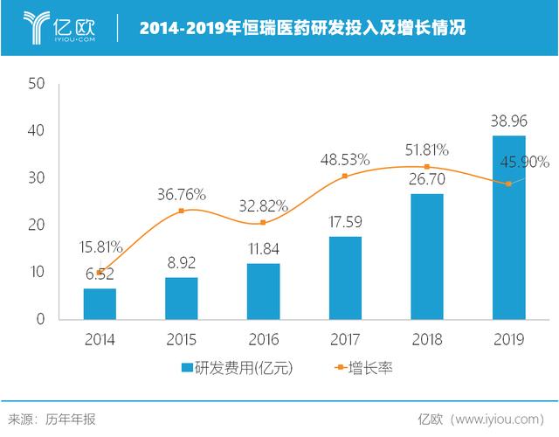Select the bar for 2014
100,303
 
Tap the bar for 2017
345,277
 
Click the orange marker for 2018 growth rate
427,167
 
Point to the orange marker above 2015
182,211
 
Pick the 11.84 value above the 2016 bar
264,248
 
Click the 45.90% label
523,162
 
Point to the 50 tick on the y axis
36,84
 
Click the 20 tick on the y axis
36,225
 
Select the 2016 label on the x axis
264,338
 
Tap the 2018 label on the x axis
427,338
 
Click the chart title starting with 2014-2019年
302,28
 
